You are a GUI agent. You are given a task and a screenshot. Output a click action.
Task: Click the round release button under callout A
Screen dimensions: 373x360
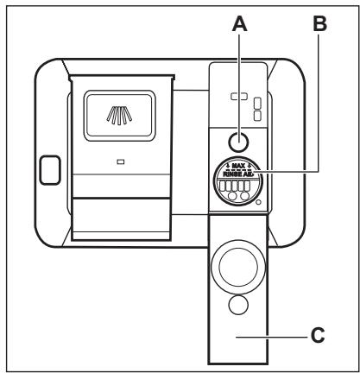[237, 140]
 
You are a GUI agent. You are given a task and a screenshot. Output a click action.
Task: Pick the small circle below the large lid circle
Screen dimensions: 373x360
[237, 307]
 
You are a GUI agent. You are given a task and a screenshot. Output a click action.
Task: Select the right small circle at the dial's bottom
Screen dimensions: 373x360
[246, 198]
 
